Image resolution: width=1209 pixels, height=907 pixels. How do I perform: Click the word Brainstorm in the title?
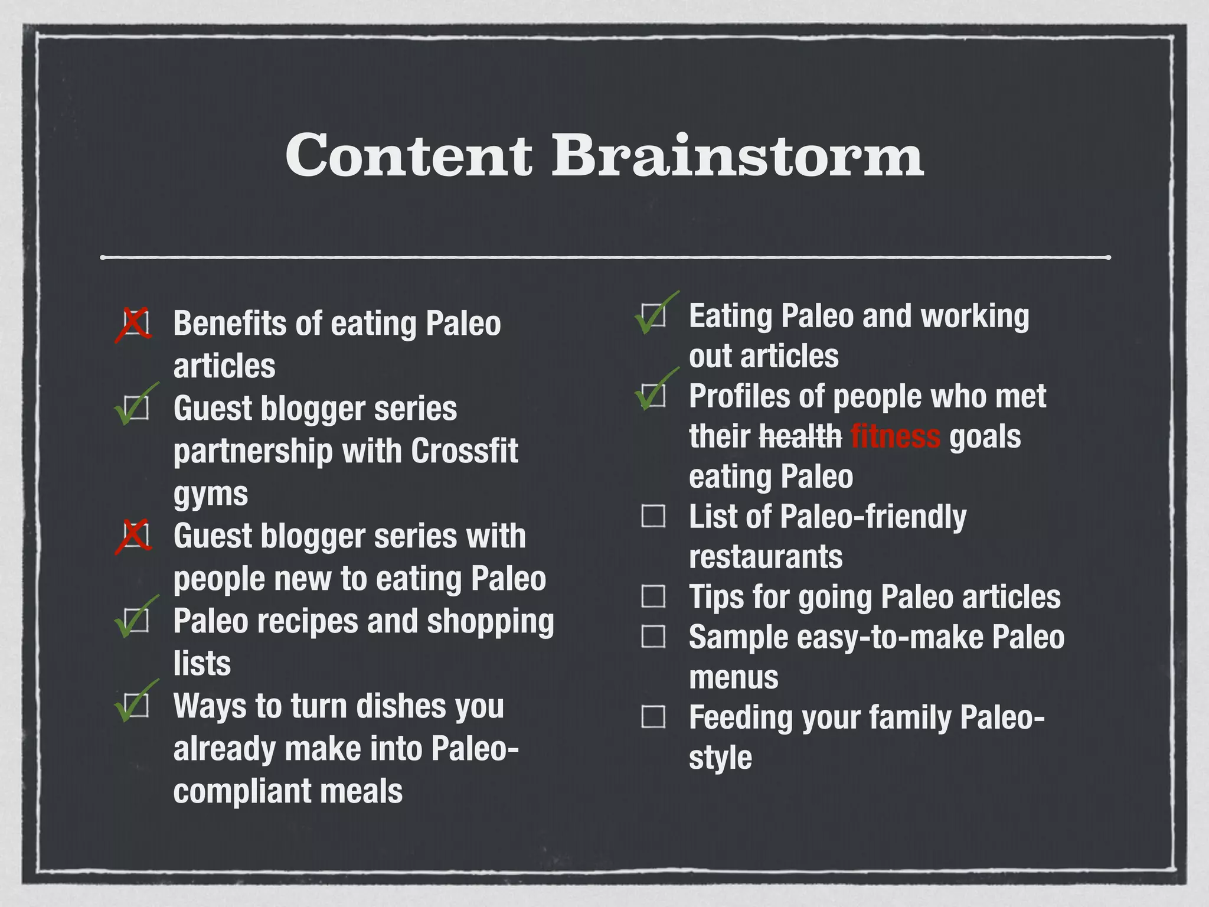pyautogui.click(x=737, y=155)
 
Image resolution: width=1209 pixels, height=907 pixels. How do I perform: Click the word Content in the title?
pyautogui.click(x=409, y=155)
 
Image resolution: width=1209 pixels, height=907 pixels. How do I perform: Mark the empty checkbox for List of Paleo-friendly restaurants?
pyautogui.click(x=653, y=516)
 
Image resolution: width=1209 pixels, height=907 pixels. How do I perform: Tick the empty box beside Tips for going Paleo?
pyautogui.click(x=653, y=596)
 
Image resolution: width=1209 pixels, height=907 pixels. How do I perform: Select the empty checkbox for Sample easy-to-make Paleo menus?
pyautogui.click(x=653, y=636)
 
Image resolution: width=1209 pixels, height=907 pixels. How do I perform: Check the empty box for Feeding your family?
pyautogui.click(x=653, y=716)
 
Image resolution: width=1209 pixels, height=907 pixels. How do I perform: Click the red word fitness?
pyautogui.click(x=895, y=436)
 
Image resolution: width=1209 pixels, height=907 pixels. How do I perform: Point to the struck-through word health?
pyautogui.click(x=800, y=436)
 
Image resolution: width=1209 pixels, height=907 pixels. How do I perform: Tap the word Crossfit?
pyautogui.click(x=464, y=451)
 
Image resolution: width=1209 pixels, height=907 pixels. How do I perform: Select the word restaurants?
pyautogui.click(x=766, y=557)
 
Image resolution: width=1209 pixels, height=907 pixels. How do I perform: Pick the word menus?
pyautogui.click(x=734, y=677)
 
